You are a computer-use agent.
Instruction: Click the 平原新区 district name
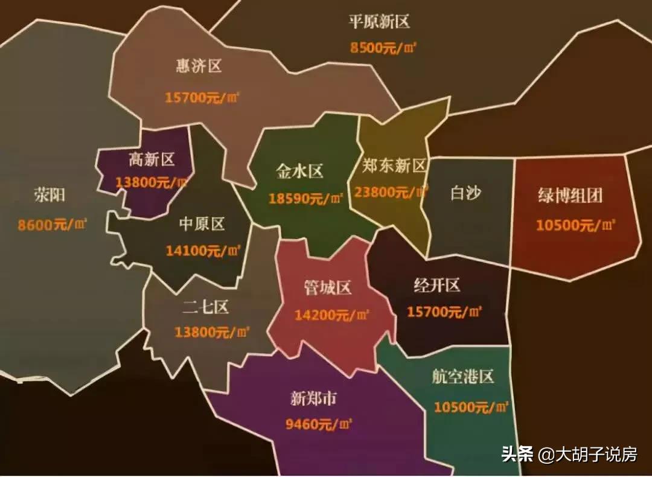[x=379, y=22]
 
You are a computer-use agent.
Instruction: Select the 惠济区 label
[x=199, y=66]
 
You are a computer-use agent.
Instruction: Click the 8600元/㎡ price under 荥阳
[x=53, y=225]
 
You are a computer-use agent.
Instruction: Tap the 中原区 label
[x=202, y=224]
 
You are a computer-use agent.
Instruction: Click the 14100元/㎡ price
[x=203, y=250]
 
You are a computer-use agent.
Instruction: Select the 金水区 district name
[x=299, y=171]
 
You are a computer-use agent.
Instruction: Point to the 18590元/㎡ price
[x=306, y=198]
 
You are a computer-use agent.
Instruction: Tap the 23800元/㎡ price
[x=391, y=192]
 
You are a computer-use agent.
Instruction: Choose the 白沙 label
[x=466, y=193]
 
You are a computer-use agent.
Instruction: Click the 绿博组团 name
[x=570, y=196]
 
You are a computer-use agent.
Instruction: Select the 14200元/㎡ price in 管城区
[x=332, y=315]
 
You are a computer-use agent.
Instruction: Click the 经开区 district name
[x=436, y=285]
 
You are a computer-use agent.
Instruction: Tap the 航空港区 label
[x=463, y=377]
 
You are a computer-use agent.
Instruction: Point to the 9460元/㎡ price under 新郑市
[x=319, y=424]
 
